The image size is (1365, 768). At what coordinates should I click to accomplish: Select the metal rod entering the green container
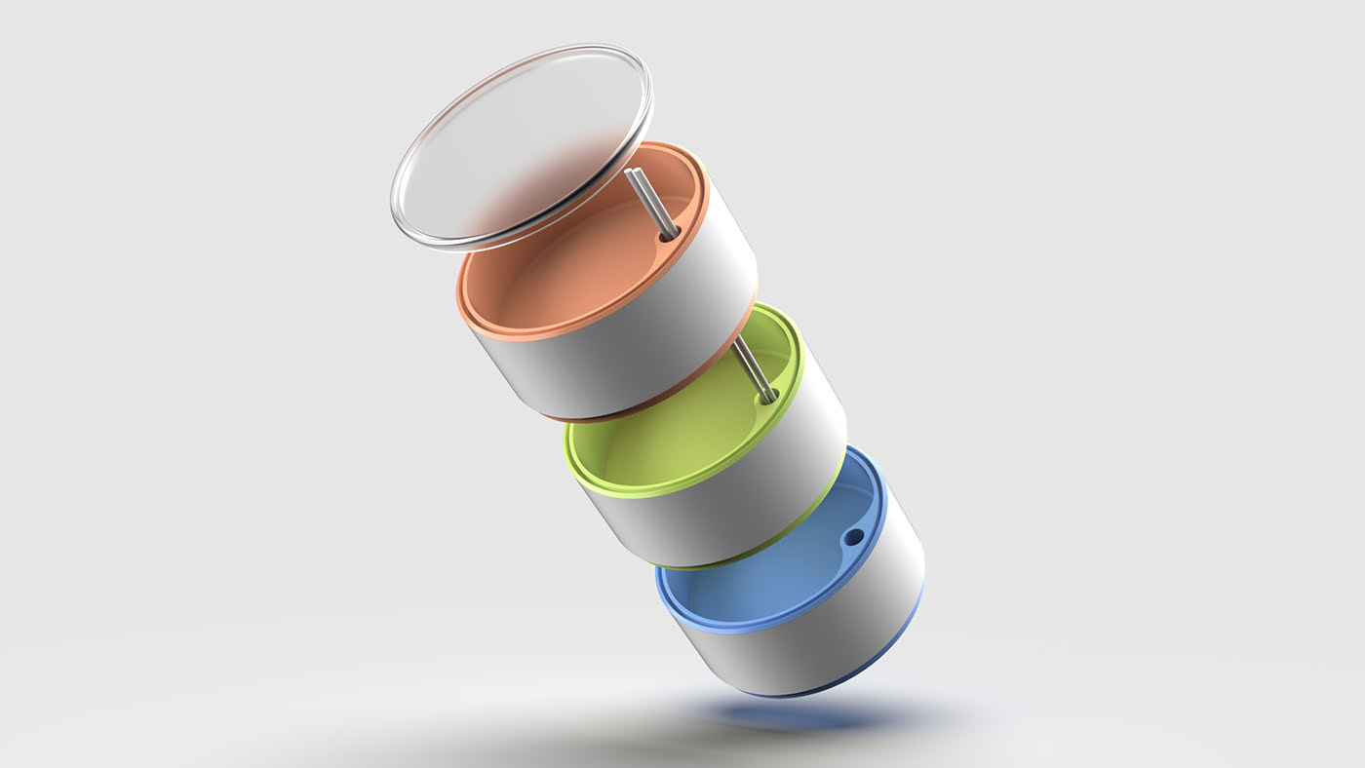point(753,370)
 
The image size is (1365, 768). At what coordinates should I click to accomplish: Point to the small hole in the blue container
point(854,537)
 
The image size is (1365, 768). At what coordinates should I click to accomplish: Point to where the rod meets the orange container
point(669,235)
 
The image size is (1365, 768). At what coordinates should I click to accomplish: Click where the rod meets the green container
point(767,398)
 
